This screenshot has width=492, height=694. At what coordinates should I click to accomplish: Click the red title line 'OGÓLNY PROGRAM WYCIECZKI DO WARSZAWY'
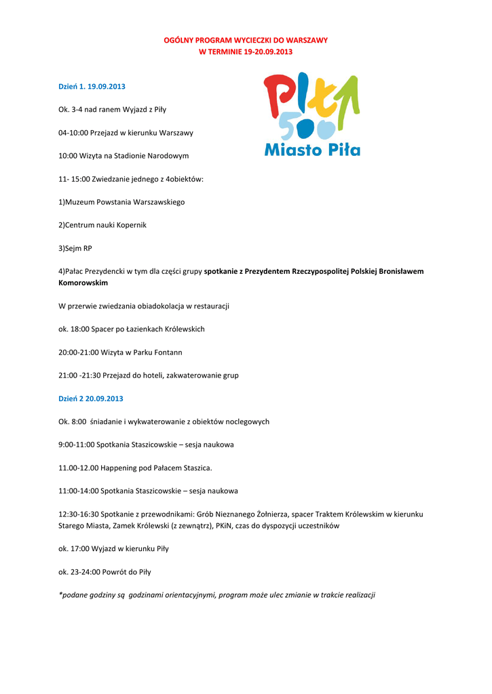(x=246, y=40)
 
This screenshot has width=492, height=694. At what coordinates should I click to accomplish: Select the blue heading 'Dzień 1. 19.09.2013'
(x=92, y=87)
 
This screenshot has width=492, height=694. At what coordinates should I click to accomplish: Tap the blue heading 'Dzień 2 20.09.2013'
(x=91, y=399)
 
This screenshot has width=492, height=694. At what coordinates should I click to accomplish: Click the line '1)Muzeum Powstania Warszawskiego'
(x=121, y=202)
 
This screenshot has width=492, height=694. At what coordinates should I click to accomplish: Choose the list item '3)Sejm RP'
(x=75, y=248)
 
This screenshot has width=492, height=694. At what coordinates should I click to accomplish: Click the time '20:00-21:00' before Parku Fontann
(x=79, y=352)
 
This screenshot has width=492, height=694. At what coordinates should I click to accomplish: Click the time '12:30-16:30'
(x=79, y=514)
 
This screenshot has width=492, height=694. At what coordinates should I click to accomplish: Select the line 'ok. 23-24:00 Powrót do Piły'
(x=105, y=572)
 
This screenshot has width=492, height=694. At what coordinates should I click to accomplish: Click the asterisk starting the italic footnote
(x=60, y=594)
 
